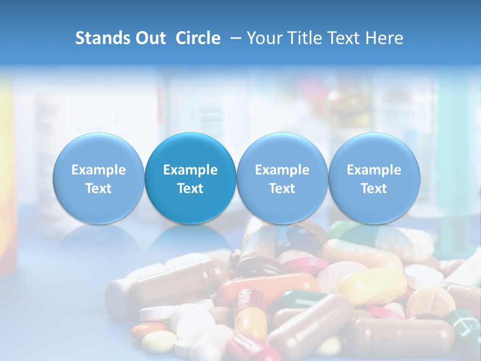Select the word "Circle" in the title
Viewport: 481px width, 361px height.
point(198,38)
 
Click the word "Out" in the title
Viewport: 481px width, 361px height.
point(151,38)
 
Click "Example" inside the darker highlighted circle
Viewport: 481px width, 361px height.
point(190,170)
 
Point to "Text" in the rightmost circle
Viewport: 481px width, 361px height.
point(374,189)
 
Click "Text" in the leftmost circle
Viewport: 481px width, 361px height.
point(98,189)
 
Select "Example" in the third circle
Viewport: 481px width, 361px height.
point(282,170)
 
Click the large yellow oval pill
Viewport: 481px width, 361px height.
point(371,286)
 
